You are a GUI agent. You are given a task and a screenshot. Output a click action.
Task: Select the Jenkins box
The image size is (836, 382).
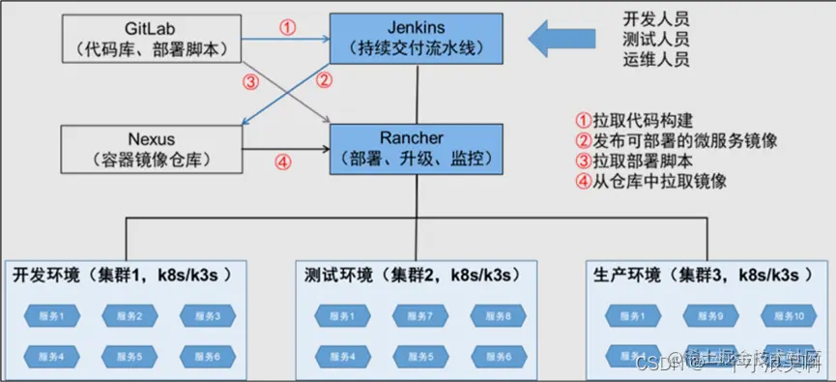pos(417,38)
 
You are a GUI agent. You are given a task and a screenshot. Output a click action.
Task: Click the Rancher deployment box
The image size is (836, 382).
pos(417,148)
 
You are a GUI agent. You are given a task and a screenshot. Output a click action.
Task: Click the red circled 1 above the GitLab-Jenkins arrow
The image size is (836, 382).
pos(287,27)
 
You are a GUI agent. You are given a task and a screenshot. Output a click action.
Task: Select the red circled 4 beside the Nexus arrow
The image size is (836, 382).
pos(282,162)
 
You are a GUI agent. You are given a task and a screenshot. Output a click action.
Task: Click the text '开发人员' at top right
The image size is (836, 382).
pos(656,19)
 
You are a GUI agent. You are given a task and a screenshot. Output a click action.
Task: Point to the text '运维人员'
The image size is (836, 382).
pos(656,59)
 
